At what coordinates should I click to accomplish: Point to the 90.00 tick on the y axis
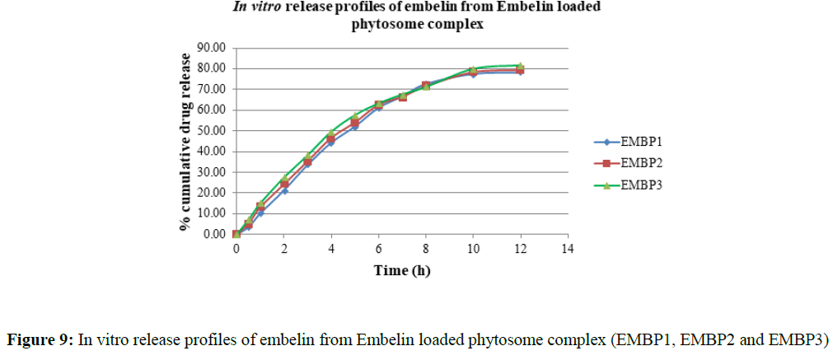click(212, 48)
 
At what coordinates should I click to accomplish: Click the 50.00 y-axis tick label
click(212, 130)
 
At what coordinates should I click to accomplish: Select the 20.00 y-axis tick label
click(212, 193)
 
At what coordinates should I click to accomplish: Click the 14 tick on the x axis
click(567, 249)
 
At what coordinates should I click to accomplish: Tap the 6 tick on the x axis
click(378, 249)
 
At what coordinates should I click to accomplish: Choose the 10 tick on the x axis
click(473, 249)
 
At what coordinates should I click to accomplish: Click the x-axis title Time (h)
click(401, 270)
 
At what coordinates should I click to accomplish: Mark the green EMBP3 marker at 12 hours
click(520, 66)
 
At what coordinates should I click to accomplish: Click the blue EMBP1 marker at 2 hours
click(284, 190)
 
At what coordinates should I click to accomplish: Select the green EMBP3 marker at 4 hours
click(331, 133)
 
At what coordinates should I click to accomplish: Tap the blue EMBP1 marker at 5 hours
click(355, 126)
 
